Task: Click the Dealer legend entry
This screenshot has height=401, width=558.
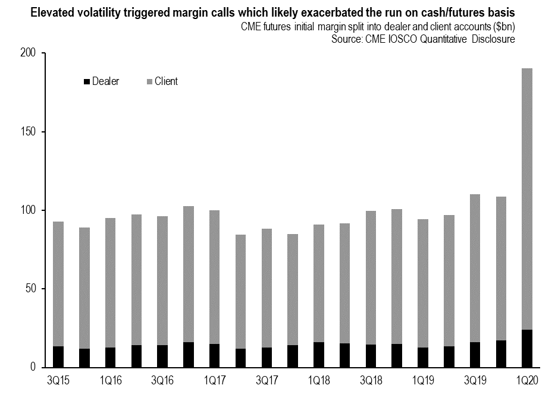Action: [x=102, y=82]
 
